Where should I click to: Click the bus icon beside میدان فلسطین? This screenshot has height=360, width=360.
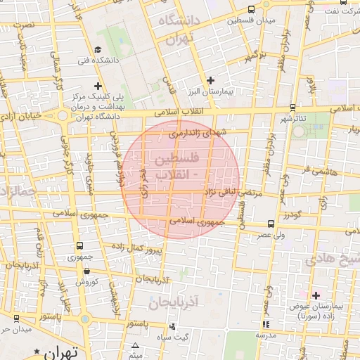[x=252, y=10]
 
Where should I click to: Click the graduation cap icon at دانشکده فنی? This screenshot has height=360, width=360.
[x=98, y=50]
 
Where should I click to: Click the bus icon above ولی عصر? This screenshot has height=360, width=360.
[x=271, y=226]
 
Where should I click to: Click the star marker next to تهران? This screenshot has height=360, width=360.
[x=37, y=350]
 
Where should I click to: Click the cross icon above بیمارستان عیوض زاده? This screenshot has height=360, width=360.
[x=316, y=295]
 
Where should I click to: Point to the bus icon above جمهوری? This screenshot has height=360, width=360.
[x=78, y=246]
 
